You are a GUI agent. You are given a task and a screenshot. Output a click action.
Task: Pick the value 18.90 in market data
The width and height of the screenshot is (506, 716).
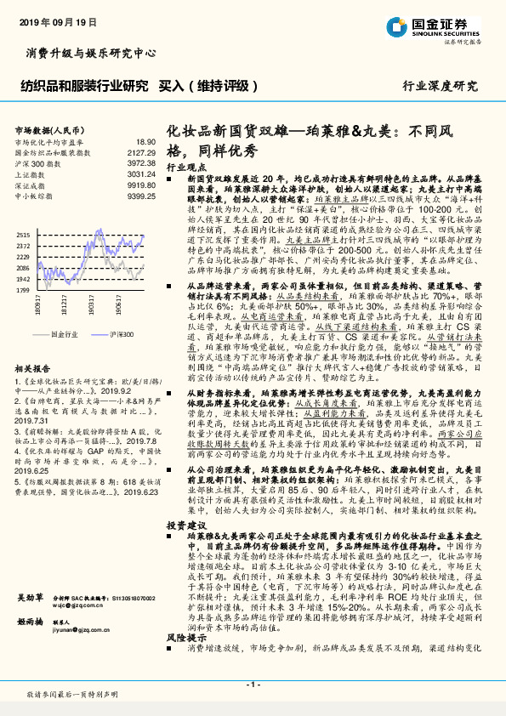[145, 142]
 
